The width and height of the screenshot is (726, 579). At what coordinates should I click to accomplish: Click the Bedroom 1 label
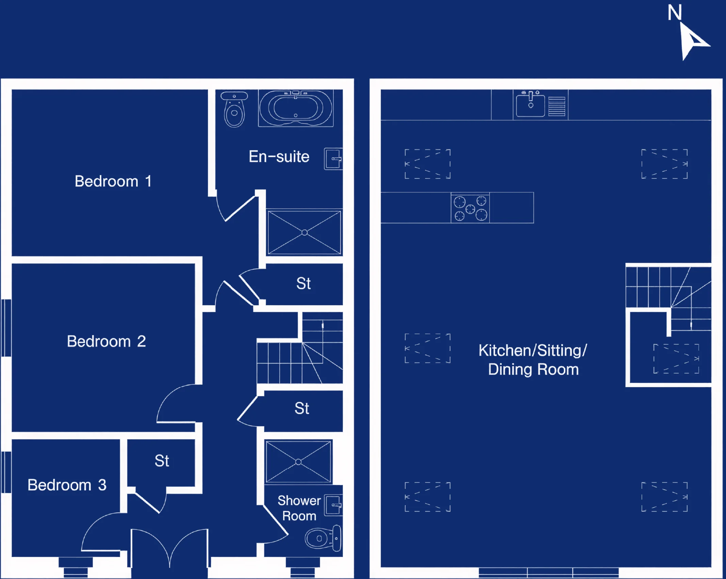click(x=113, y=181)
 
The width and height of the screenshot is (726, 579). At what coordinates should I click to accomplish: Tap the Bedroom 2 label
click(x=106, y=341)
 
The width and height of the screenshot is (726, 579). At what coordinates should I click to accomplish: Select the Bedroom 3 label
click(x=67, y=485)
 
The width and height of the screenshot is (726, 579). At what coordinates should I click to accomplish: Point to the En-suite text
click(x=279, y=157)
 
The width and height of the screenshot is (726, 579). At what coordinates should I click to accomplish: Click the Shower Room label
click(x=299, y=508)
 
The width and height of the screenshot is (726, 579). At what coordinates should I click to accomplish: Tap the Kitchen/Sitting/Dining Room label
click(x=533, y=360)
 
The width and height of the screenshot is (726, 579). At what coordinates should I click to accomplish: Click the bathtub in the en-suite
click(x=296, y=108)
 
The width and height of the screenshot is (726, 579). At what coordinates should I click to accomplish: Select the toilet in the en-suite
click(x=234, y=109)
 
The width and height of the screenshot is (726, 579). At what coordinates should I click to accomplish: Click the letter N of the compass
click(x=675, y=13)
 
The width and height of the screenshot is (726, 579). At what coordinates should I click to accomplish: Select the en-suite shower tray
click(x=304, y=232)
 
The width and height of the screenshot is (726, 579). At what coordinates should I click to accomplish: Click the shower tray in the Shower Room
click(x=298, y=462)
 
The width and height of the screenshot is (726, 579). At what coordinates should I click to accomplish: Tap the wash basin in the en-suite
click(x=333, y=159)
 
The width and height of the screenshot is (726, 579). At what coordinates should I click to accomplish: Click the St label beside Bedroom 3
click(x=162, y=461)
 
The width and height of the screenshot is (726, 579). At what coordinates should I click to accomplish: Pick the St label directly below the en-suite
click(x=303, y=283)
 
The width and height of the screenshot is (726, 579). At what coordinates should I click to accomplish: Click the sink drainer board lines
click(x=557, y=106)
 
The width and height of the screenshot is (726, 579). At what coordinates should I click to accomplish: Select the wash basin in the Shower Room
click(x=333, y=505)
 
